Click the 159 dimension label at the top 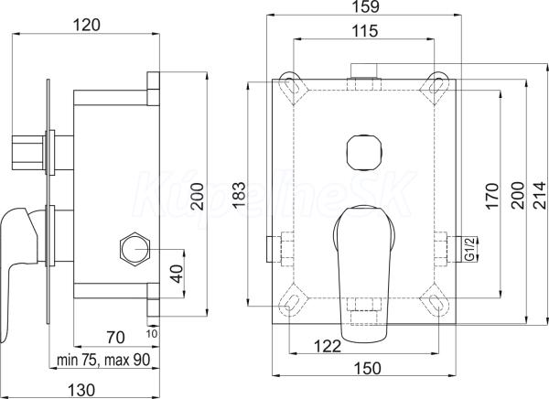[x=364, y=6]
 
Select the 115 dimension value [x=364, y=31]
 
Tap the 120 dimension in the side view [x=87, y=26]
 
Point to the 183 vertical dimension [x=239, y=195]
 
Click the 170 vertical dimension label [x=492, y=196]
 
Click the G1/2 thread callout [x=471, y=249]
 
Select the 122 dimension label [x=328, y=347]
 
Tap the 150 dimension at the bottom [x=367, y=368]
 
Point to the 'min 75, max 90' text [x=103, y=360]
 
